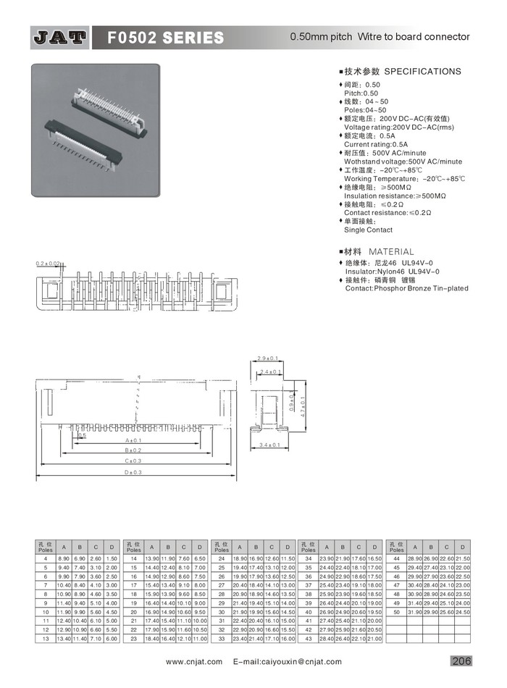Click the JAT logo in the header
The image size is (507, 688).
(x=60, y=37)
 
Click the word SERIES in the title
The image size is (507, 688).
(x=189, y=37)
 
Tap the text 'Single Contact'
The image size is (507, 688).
(x=368, y=230)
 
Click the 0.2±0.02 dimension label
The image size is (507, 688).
(x=48, y=264)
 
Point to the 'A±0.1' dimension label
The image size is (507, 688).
(x=132, y=440)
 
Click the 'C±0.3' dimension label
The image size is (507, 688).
(x=132, y=461)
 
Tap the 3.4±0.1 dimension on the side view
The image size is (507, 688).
(x=269, y=444)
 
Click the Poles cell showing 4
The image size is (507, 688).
(x=45, y=559)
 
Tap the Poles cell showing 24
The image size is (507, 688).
(x=221, y=559)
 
